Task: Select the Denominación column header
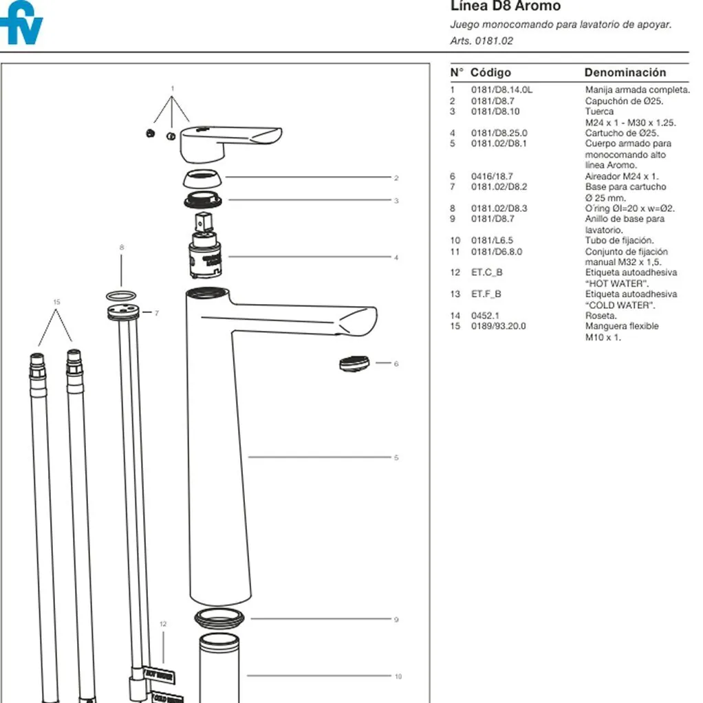click(x=625, y=72)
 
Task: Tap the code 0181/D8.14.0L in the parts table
click(x=501, y=90)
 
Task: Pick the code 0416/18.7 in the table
click(x=492, y=176)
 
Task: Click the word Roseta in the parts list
click(x=601, y=316)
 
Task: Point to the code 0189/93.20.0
click(x=498, y=326)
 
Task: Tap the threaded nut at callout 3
click(x=204, y=202)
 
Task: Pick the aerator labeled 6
click(x=355, y=363)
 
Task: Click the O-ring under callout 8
click(x=121, y=295)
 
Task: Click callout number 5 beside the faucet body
click(x=396, y=457)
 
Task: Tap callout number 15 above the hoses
click(x=56, y=302)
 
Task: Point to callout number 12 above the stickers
click(x=163, y=624)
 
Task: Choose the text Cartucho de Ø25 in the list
click(x=621, y=133)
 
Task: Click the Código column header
click(x=490, y=72)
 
